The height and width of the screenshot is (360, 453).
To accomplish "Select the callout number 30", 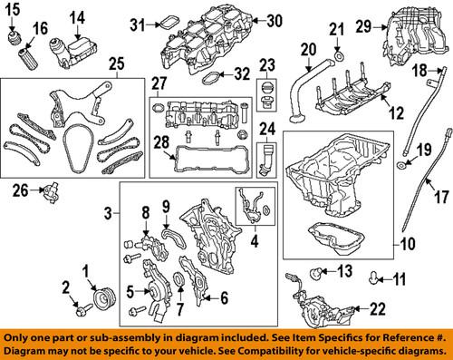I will coord(274,19).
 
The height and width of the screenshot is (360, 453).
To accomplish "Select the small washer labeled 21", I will coord(338,63).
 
